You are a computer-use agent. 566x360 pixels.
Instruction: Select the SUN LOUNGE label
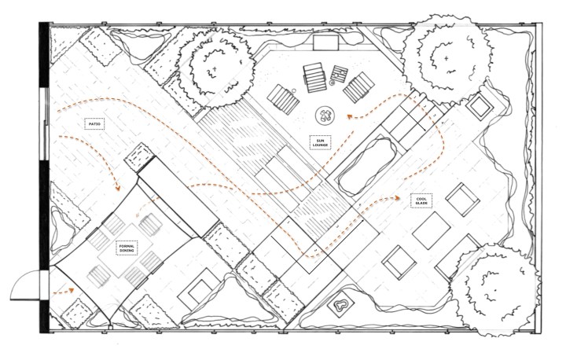(x=320, y=142)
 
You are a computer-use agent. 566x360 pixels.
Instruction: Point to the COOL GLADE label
(x=421, y=201)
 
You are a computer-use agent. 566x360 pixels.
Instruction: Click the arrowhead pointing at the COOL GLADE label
(x=402, y=198)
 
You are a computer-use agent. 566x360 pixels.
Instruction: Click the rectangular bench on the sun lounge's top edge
(x=324, y=42)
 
